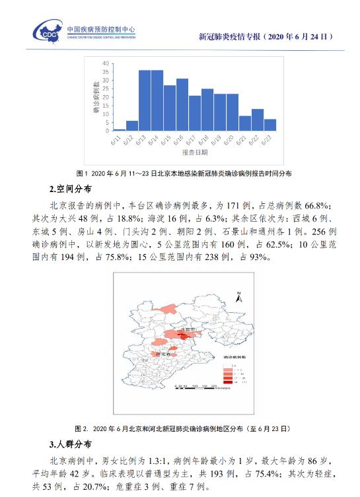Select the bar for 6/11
pyautogui.click(x=120, y=129)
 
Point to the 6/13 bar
pyautogui.click(x=145, y=100)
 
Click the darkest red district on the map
pyautogui.click(x=190, y=336)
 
